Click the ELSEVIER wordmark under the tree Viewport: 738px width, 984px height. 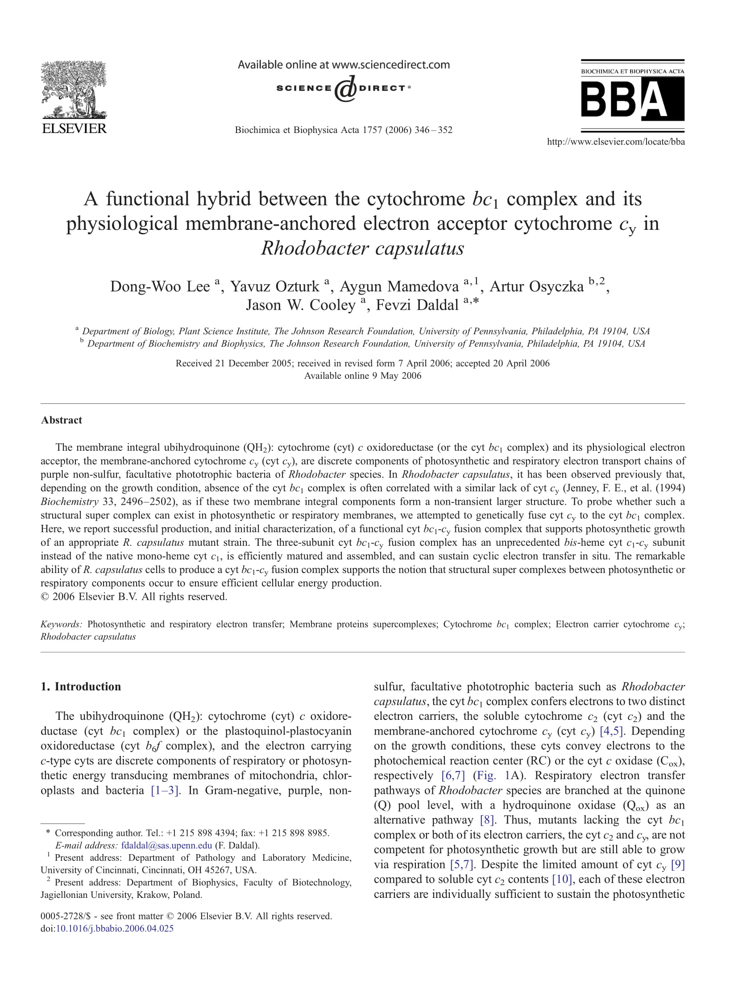pos(74,129)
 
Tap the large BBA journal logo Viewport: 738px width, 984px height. pos(632,99)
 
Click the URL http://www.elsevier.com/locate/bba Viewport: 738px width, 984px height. pos(615,142)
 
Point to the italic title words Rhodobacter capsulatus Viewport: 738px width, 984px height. pos(362,248)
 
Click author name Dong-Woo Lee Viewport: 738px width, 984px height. pos(160,286)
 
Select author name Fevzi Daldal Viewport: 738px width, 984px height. pos(417,305)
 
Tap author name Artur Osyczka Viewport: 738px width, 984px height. pos(536,286)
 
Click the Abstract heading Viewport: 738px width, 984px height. pos(62,420)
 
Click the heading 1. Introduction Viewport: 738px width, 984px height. pos(81,686)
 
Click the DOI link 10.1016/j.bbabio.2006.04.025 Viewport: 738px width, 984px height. pos(114,929)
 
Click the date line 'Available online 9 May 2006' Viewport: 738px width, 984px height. pos(362,376)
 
